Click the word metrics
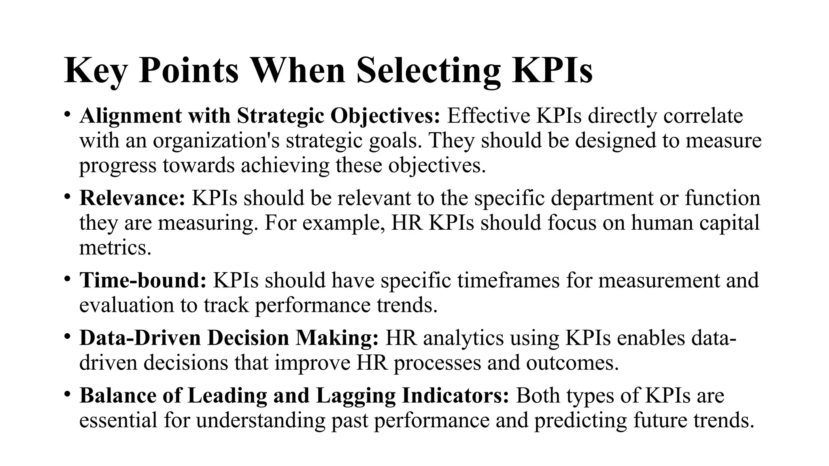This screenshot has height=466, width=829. [x=115, y=248]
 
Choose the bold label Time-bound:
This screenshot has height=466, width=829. [x=143, y=280]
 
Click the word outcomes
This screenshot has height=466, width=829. [x=572, y=363]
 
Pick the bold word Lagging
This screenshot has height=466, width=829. [x=355, y=396]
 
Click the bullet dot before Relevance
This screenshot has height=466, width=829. [x=67, y=197]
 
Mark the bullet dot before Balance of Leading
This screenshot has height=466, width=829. [x=67, y=395]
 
